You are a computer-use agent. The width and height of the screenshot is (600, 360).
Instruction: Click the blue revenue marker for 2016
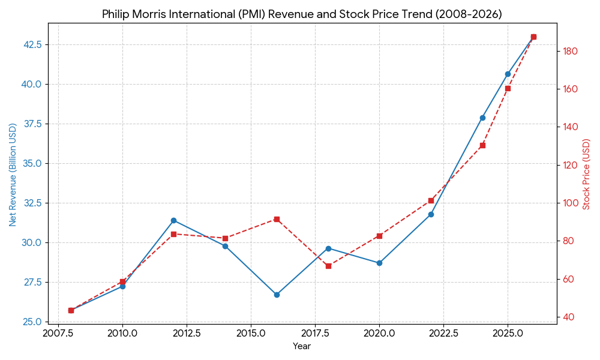click(x=277, y=295)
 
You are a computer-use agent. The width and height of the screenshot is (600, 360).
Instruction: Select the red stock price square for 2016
click(x=277, y=219)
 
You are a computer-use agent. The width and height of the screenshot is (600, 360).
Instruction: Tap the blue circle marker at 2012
click(x=173, y=220)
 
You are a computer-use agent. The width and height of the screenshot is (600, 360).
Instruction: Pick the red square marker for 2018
click(x=328, y=266)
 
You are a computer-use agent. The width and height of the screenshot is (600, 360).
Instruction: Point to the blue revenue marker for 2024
click(x=482, y=118)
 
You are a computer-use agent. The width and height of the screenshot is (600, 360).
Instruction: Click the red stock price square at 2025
click(x=508, y=88)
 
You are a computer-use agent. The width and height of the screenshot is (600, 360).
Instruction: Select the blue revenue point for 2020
click(x=379, y=263)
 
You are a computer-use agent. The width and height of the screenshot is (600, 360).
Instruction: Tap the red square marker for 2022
click(x=431, y=200)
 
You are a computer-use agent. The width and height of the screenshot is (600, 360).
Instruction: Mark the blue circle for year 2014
click(x=225, y=246)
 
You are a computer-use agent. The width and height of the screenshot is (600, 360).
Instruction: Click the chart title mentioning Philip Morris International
click(x=302, y=14)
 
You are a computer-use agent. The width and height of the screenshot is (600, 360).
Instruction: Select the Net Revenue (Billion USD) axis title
click(x=13, y=175)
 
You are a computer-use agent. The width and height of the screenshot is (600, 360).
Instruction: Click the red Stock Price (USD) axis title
click(x=587, y=175)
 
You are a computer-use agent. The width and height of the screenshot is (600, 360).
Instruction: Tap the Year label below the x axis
click(x=302, y=346)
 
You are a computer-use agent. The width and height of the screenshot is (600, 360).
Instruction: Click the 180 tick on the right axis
click(x=571, y=52)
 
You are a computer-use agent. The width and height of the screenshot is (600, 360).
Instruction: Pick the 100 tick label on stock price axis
click(x=571, y=203)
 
